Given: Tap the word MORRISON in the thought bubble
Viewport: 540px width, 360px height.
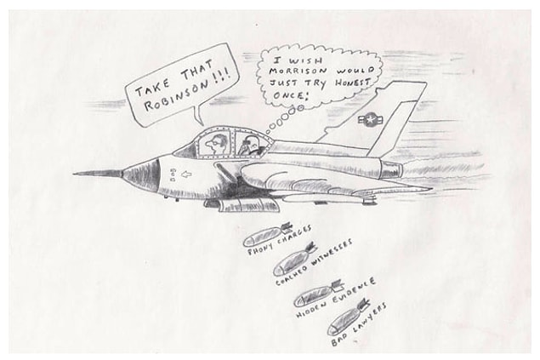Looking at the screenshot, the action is (298, 71).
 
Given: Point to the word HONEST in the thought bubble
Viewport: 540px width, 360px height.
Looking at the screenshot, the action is (352, 83).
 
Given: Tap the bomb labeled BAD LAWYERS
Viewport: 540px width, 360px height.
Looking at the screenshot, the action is (348, 317).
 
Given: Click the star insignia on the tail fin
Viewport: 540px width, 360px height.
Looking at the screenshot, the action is (371, 120).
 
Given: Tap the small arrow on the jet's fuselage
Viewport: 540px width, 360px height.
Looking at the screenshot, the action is (186, 174).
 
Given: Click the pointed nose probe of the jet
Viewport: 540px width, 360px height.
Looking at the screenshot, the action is (98, 174).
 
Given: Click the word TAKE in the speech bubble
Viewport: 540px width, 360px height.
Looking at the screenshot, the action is (152, 87).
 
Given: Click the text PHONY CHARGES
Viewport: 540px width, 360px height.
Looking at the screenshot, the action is (280, 241).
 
